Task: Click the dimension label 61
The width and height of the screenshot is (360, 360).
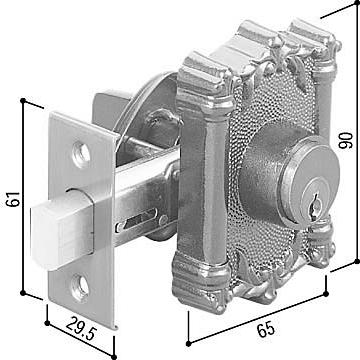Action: [x=14, y=199]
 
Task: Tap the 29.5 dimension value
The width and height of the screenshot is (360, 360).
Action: [x=81, y=328]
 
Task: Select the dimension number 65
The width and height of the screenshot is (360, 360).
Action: [x=266, y=329]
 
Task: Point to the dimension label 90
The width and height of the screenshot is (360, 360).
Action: [x=345, y=140]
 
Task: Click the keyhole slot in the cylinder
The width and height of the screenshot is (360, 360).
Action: [x=315, y=204]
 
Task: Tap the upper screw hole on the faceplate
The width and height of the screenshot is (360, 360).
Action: [x=81, y=154]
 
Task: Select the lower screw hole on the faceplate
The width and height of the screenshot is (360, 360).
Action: [x=80, y=287]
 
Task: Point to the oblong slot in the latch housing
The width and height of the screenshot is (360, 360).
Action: [x=137, y=220]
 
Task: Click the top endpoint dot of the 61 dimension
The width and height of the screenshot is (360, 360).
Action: [x=23, y=100]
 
